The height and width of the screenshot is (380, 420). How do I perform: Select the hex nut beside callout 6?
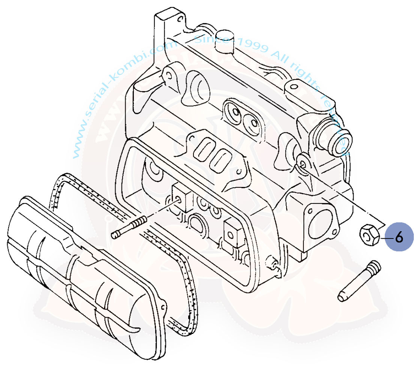369,235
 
